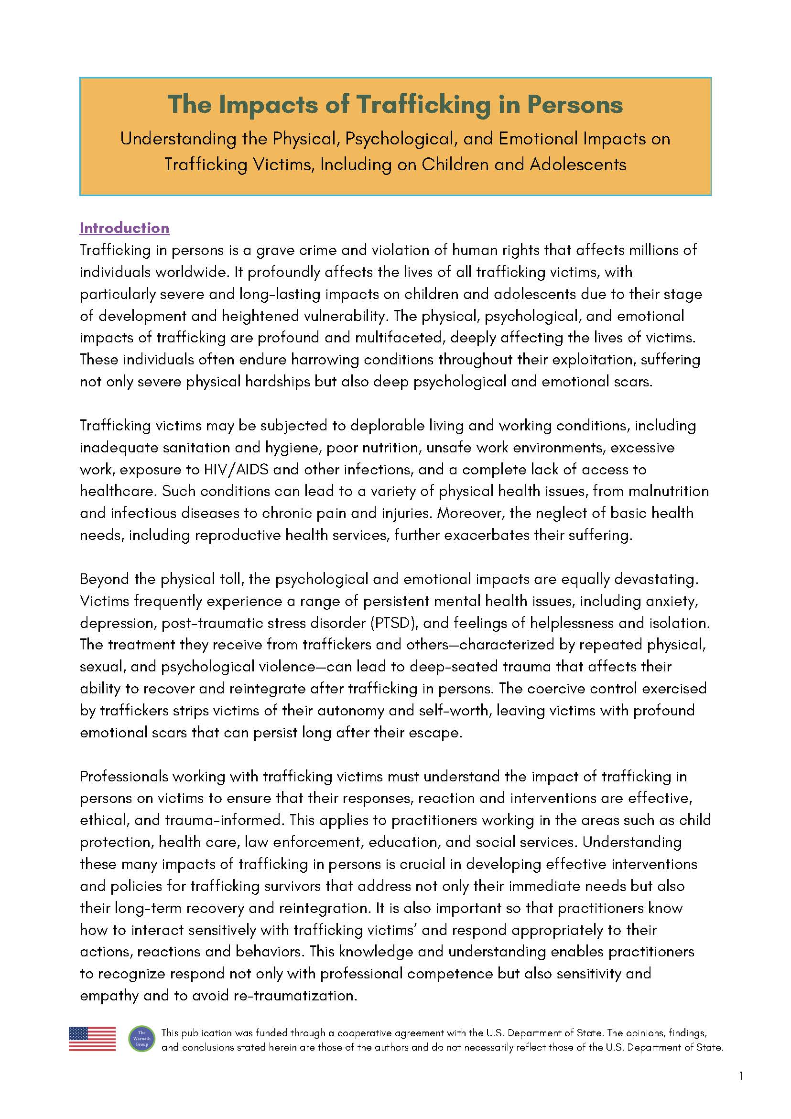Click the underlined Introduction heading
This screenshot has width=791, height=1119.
click(124, 228)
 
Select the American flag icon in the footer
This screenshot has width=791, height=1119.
click(93, 1039)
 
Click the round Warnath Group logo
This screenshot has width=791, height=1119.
click(142, 1039)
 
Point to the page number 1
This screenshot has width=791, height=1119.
click(741, 1076)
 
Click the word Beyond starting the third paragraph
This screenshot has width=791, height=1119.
click(104, 579)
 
